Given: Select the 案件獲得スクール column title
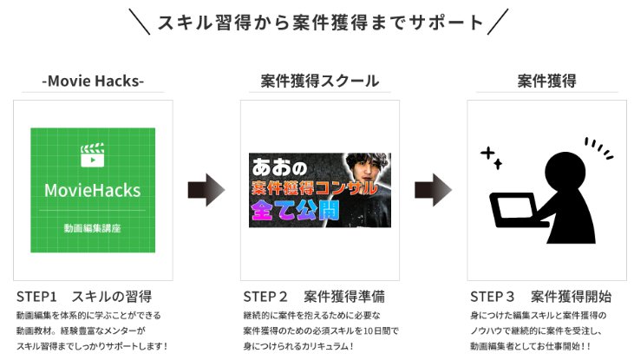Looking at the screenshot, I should point(320,82).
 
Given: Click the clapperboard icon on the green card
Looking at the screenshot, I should point(92,155).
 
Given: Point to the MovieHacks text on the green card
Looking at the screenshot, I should point(92,190).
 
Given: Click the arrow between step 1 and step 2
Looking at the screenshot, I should point(206,190).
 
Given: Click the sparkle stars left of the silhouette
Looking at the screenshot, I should point(492,157).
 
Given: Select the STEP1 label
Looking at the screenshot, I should point(36,296).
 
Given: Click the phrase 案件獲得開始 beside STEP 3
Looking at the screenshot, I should point(571,296).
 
